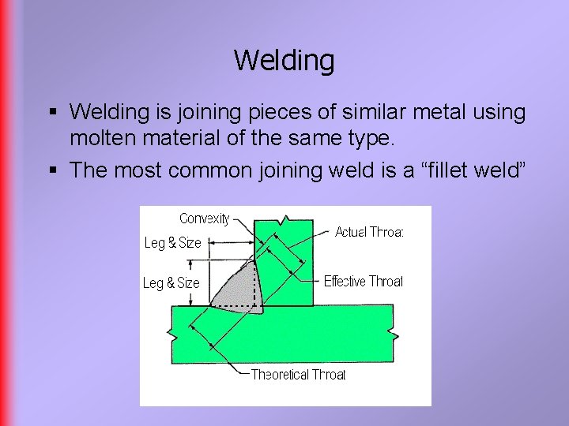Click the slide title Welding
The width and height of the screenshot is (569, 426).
tap(284, 60)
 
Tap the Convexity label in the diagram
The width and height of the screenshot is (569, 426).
tap(205, 219)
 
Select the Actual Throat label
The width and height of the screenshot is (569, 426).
tap(369, 232)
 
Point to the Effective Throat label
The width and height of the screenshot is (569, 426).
tap(363, 281)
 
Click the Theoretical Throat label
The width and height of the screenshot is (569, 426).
tap(298, 375)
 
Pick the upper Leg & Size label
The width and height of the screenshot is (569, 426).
tap(172, 243)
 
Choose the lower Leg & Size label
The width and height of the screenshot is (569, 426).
tap(171, 282)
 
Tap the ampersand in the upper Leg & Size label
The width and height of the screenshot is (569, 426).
tap(171, 243)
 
